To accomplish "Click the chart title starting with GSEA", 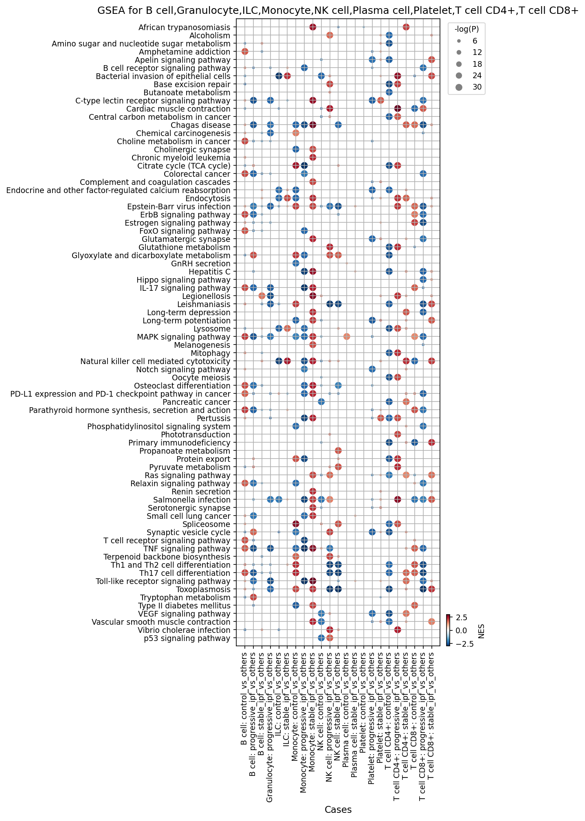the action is pos(338,11).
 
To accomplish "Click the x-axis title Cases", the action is pos(338,810).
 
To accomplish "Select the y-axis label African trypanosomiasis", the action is pos(185,27).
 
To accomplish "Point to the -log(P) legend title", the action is pos(466,29).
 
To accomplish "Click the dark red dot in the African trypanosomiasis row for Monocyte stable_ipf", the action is pos(313,27).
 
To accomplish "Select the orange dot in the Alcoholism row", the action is pos(330,35).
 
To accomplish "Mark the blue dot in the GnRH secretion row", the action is pos(296,263).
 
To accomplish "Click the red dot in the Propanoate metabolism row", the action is pos(338,451).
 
